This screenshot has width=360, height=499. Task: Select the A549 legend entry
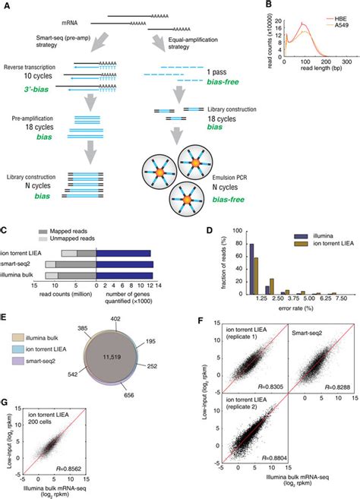[336, 23]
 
